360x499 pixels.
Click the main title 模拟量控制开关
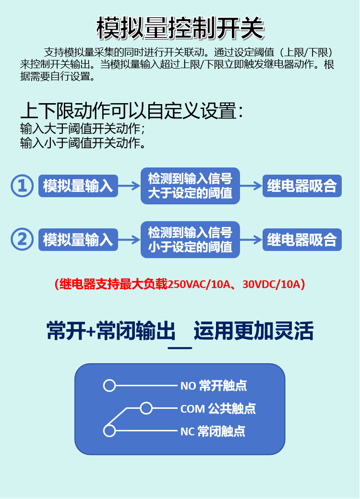pyautogui.click(x=180, y=28)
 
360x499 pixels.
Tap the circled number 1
pyautogui.click(x=22, y=186)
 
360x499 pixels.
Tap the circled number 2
pyautogui.click(x=22, y=239)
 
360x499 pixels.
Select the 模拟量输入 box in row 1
pyautogui.click(x=78, y=186)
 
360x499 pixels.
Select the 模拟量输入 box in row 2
pyautogui.click(x=78, y=239)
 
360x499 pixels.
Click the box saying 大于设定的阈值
pyautogui.click(x=190, y=186)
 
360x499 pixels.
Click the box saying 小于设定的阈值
pyautogui.click(x=190, y=239)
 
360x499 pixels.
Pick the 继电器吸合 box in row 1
pyautogui.click(x=302, y=186)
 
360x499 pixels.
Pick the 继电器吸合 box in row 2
pyautogui.click(x=302, y=239)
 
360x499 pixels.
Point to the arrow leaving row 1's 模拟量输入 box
pyautogui.click(x=129, y=186)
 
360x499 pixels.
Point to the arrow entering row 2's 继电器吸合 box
pyautogui.click(x=251, y=239)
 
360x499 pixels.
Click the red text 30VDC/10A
pyautogui.click(x=271, y=284)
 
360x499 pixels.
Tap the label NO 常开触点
pyautogui.click(x=214, y=385)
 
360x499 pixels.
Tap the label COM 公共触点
pyautogui.click(x=218, y=409)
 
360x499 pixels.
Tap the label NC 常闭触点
pyautogui.click(x=213, y=431)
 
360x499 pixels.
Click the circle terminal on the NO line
pyautogui.click(x=109, y=385)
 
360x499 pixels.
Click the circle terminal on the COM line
pyautogui.click(x=146, y=408)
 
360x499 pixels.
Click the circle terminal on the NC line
pyautogui.click(x=109, y=431)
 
